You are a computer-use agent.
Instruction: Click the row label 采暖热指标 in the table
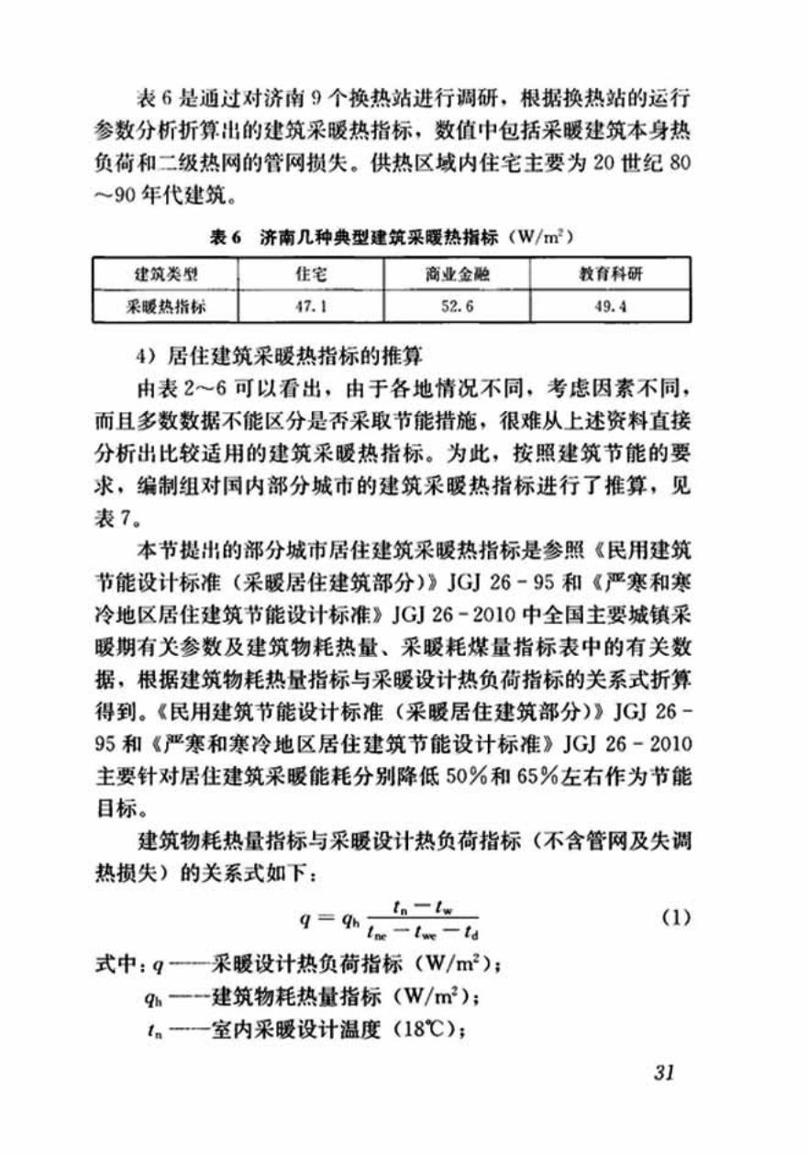tap(165, 307)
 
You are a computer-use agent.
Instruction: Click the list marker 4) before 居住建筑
tap(149, 352)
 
